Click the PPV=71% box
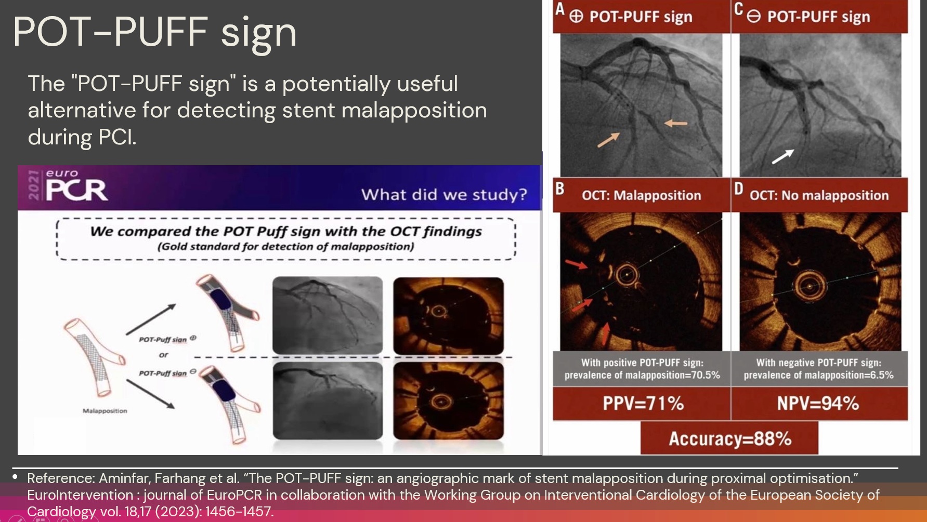(x=642, y=404)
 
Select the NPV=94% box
(x=819, y=404)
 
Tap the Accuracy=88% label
(x=729, y=438)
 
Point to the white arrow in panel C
(x=782, y=156)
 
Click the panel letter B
(x=560, y=189)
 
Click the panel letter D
(x=738, y=189)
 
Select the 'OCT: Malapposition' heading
(x=641, y=195)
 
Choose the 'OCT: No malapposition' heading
(x=819, y=195)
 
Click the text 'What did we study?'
(x=444, y=194)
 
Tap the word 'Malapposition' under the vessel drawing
(x=105, y=411)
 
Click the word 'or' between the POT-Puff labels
(x=163, y=355)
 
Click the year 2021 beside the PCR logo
(x=34, y=185)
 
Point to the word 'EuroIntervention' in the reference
(x=80, y=495)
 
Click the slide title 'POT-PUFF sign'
(x=154, y=32)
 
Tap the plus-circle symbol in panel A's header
(x=576, y=17)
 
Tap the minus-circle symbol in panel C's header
(x=753, y=17)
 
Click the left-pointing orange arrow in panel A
(x=676, y=123)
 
